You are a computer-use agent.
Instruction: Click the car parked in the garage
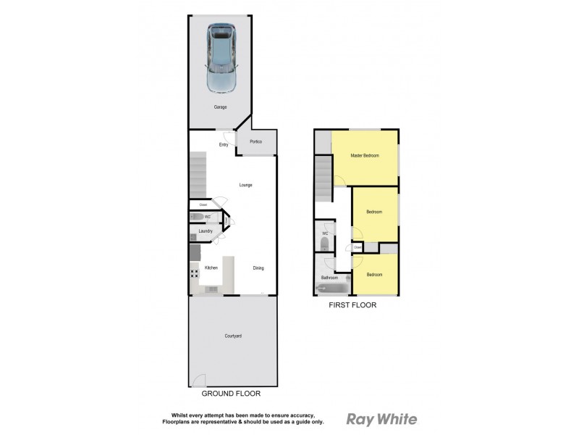coord(221,57)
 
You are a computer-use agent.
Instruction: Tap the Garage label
coord(221,107)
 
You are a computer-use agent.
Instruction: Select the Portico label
coord(256,141)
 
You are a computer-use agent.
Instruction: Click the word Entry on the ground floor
coord(224,145)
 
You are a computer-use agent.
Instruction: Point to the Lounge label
coord(246,185)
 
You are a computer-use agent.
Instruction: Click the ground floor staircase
coord(198,174)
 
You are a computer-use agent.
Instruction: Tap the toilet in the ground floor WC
coord(197,217)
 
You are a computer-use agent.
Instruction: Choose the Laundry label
coord(206,231)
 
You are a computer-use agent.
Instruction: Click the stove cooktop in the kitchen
coord(195,273)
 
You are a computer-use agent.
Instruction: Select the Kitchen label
coord(211,268)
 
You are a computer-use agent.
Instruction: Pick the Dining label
coord(258,268)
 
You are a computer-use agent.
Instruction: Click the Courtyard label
coord(232,336)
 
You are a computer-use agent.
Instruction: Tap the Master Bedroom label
coord(364,156)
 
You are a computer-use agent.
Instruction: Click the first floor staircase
coord(322,181)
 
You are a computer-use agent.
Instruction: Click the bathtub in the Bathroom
coord(331,289)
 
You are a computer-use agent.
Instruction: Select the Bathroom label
coord(330,278)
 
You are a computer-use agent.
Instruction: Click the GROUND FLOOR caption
coord(232,394)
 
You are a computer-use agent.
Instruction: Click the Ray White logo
coord(381,419)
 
